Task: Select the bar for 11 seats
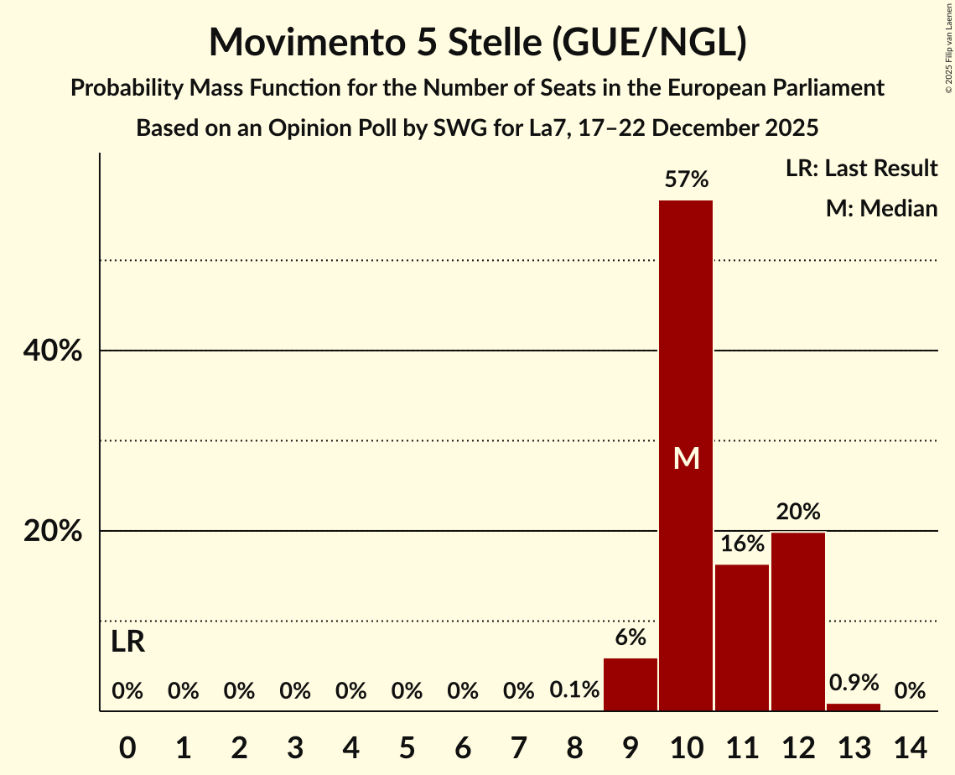(x=742, y=637)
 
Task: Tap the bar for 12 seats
(x=798, y=622)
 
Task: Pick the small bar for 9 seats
(x=631, y=684)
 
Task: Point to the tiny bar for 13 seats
(x=854, y=707)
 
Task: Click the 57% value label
(x=686, y=179)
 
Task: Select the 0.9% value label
(x=854, y=683)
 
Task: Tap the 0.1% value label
(x=574, y=690)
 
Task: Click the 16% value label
(x=742, y=544)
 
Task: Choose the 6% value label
(x=631, y=637)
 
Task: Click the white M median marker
(x=686, y=458)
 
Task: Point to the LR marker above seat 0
(x=127, y=642)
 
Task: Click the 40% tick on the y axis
(x=53, y=351)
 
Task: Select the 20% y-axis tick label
(x=53, y=532)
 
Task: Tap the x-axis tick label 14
(x=910, y=746)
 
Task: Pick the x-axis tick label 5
(x=407, y=746)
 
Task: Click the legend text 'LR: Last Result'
(x=861, y=169)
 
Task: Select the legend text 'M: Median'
(x=881, y=208)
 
